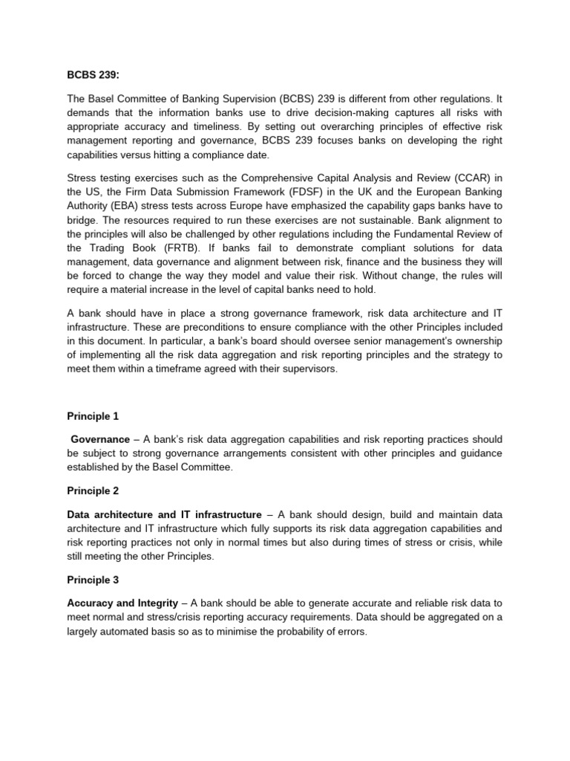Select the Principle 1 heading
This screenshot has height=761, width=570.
pos(93,416)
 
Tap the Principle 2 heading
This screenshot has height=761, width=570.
pos(93,490)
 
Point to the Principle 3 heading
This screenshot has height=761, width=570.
pos(93,579)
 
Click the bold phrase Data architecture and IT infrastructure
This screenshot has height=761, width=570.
pos(164,514)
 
